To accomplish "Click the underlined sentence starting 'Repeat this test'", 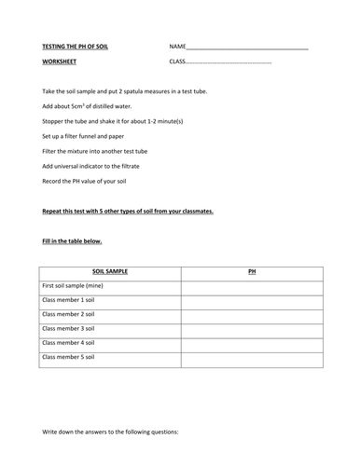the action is pos(128,211).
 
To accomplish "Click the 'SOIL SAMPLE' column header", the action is pos(110,271).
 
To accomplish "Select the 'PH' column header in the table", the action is pos(252,271).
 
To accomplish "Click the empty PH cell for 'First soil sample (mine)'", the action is pos(252,286).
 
